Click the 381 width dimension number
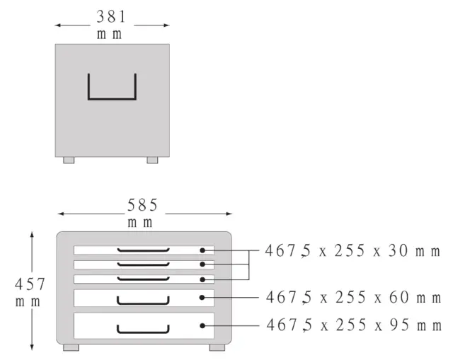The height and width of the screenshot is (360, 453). click(111, 17)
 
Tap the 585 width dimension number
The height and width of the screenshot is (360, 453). click(142, 205)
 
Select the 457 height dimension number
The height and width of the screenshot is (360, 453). click(30, 284)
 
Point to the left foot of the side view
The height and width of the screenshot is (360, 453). click(69, 161)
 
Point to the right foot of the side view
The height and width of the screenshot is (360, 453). click(152, 161)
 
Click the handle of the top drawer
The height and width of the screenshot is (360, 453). click(143, 250)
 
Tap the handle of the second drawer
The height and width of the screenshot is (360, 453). click(143, 264)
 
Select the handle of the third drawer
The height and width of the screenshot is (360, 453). click(143, 279)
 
